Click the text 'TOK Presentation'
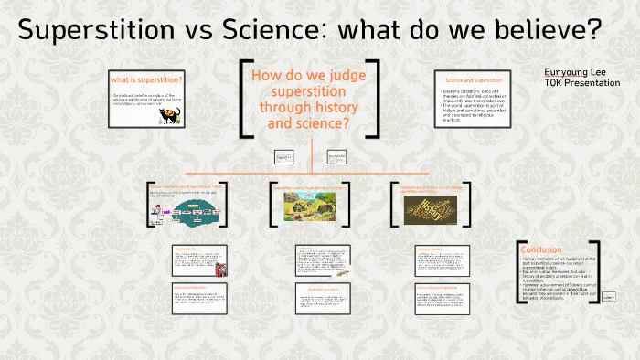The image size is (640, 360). coord(582,83)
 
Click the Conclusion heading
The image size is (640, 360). coord(540,249)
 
